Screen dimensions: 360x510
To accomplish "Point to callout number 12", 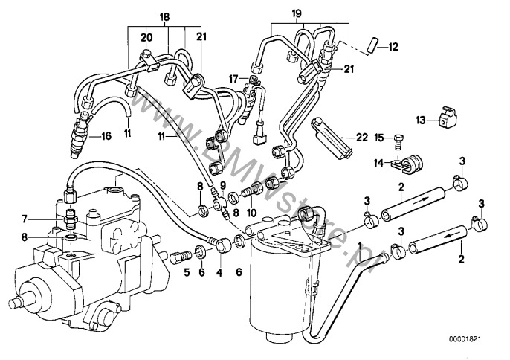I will coord(393,47).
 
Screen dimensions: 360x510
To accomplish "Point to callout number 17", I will coord(233,78).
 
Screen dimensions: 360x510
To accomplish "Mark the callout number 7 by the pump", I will coord(24,218).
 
